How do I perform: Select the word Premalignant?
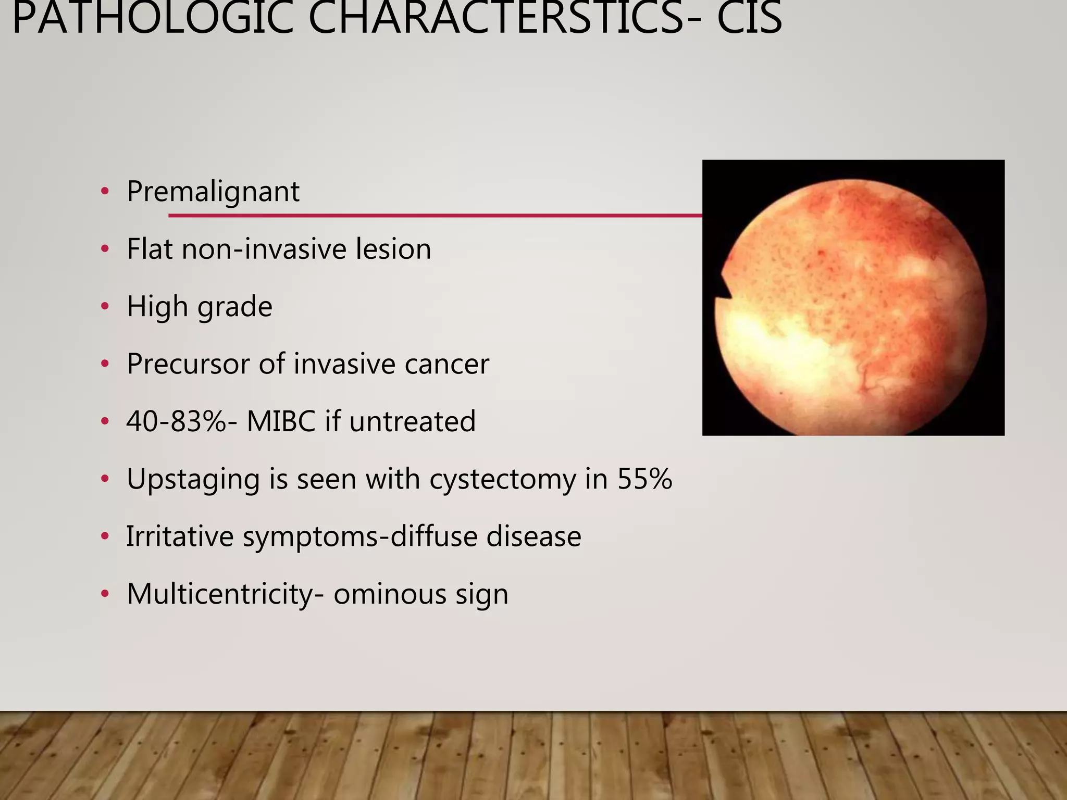point(213,192)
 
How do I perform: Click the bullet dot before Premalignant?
point(105,191)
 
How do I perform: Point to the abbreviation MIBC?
point(281,421)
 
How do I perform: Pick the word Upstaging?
point(193,479)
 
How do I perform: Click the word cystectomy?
point(502,479)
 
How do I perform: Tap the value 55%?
point(644,478)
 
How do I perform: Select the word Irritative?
point(180,536)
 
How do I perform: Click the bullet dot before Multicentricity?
point(105,593)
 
